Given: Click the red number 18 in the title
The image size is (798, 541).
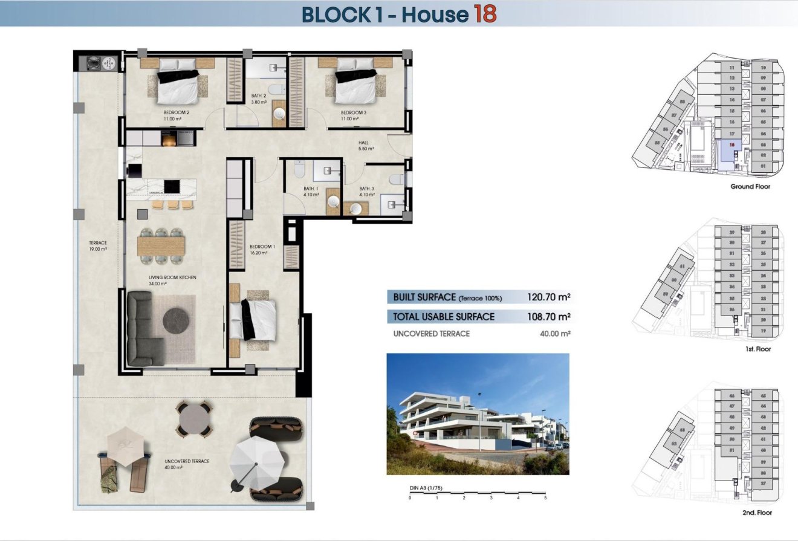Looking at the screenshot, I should point(485,13).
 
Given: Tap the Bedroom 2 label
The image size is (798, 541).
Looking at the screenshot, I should point(177,113).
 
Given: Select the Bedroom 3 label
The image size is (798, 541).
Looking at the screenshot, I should point(353,113).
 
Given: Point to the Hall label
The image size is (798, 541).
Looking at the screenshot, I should point(363,143).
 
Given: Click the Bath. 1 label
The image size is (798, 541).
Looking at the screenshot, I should point(312,189).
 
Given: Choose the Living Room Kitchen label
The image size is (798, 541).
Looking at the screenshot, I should point(172,277).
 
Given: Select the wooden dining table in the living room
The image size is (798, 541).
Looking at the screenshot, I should point(161,245).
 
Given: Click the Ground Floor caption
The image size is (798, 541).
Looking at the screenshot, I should point(750,187).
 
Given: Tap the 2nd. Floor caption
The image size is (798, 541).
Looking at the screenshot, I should point(756,513).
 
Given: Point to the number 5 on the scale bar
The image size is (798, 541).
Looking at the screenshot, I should point(545,498).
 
